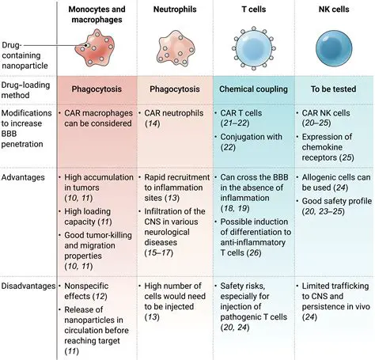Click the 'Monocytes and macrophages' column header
click(x=97, y=13)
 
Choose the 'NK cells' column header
click(x=331, y=9)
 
